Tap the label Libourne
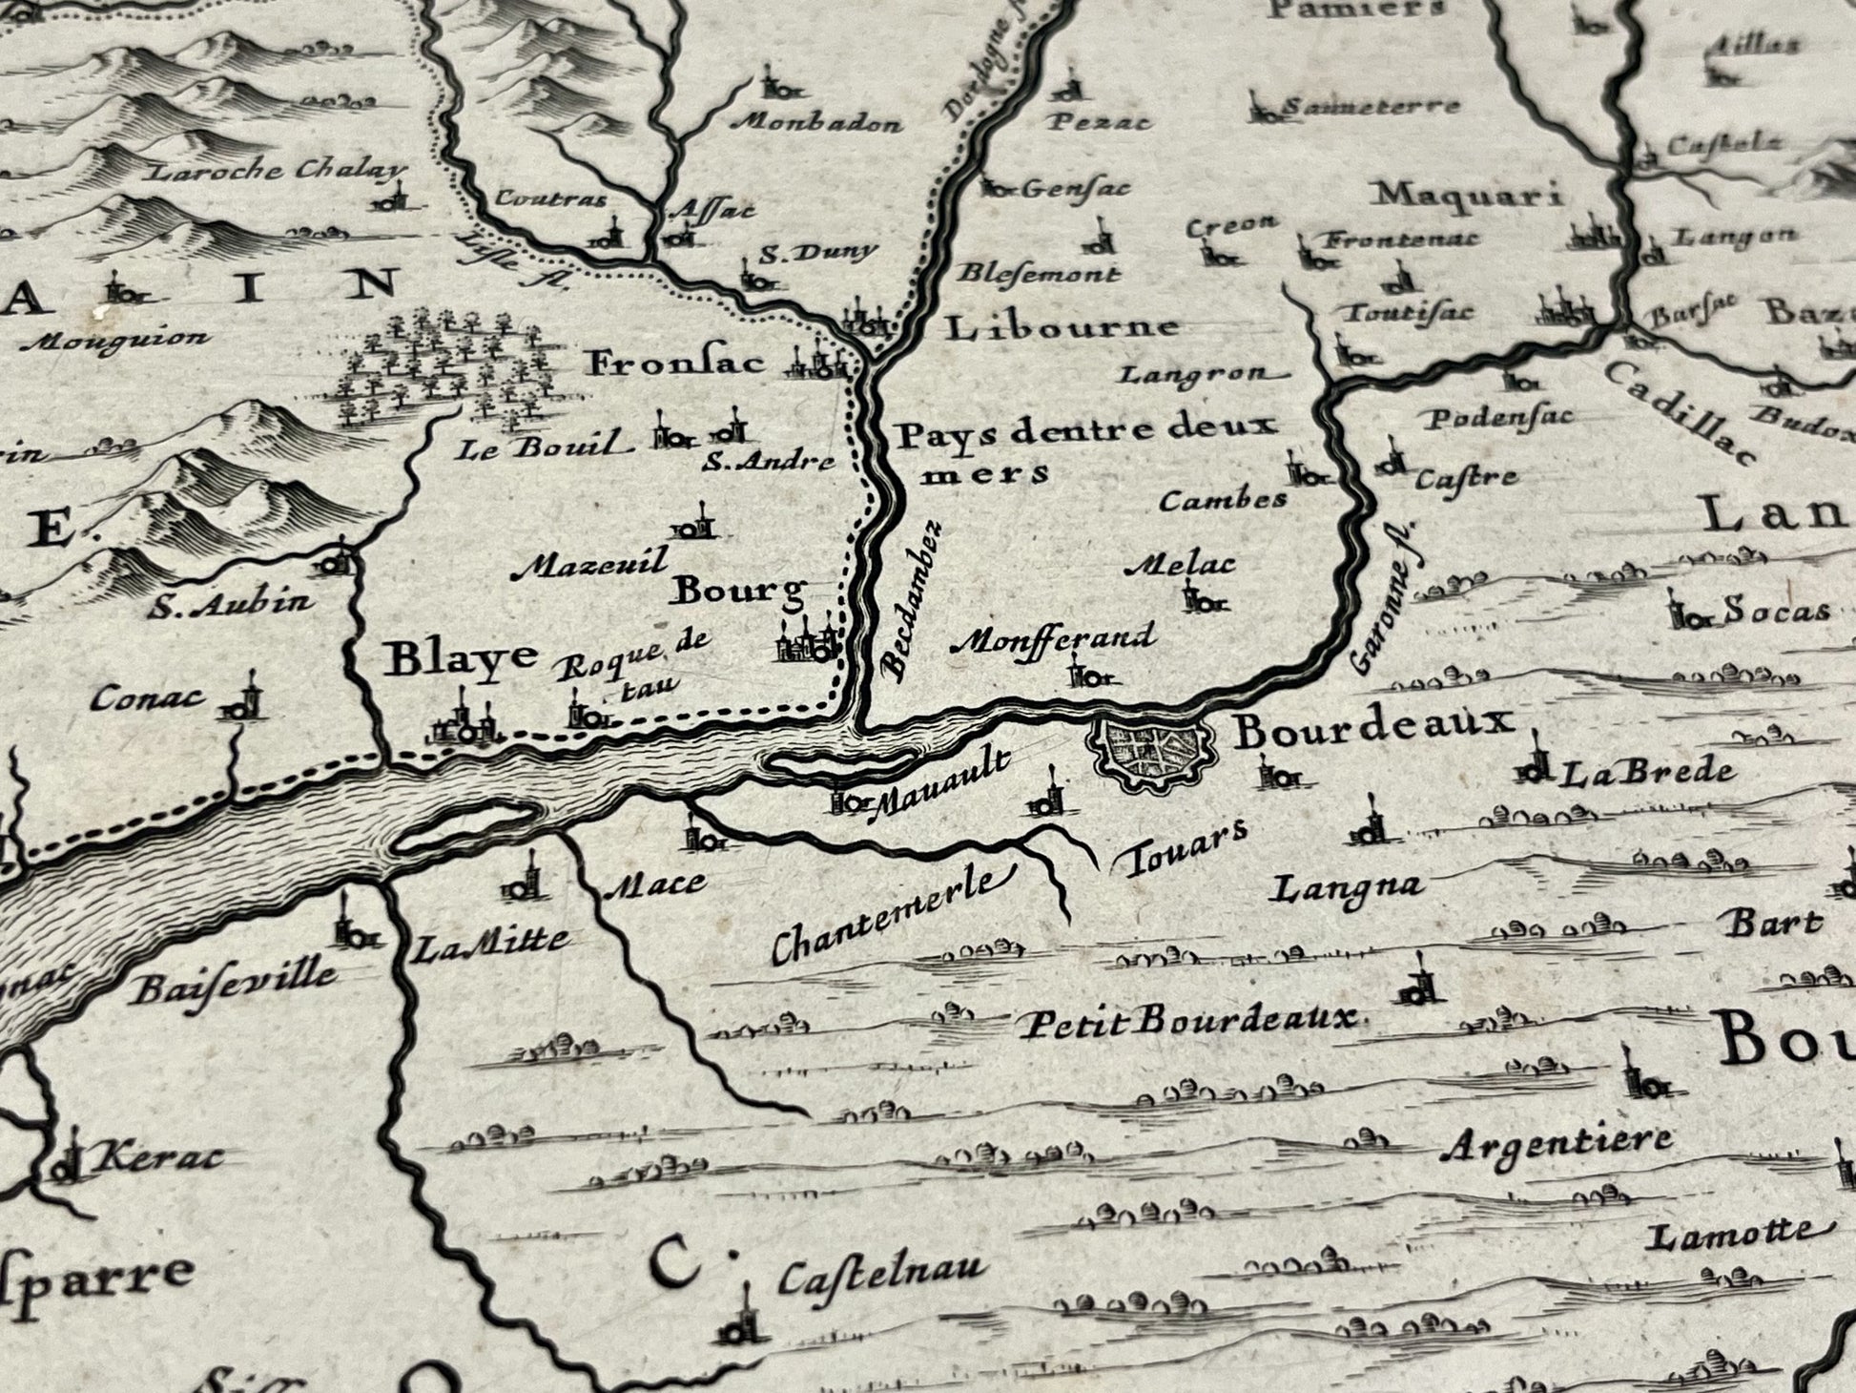pos(1062,327)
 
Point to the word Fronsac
pos(677,363)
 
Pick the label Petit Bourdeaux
pos(1187,1020)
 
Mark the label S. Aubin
pos(230,602)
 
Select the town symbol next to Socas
pos(1688,611)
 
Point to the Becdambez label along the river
pos(912,600)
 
